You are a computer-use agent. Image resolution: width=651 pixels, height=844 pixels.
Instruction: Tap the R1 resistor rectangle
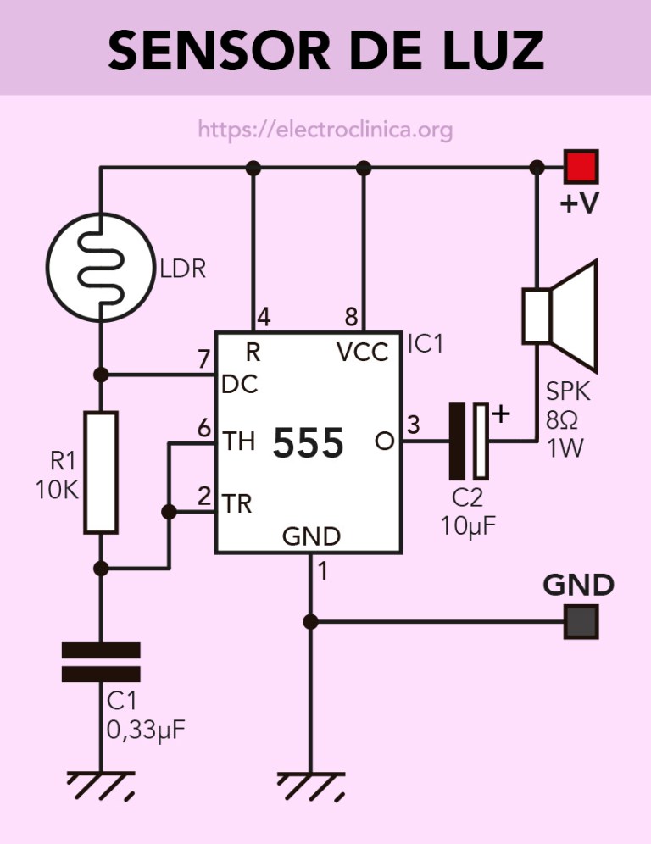point(100,472)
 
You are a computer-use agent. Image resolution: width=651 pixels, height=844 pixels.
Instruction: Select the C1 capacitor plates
point(100,662)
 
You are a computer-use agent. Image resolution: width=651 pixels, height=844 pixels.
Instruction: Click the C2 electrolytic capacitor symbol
point(470,441)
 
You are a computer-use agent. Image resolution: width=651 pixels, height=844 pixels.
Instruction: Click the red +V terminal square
point(582,166)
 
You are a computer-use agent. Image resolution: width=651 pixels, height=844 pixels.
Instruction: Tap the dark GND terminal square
point(582,622)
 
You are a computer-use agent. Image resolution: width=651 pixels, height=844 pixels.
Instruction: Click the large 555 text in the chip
point(309,443)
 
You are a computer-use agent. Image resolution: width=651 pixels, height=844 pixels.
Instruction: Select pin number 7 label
point(203,359)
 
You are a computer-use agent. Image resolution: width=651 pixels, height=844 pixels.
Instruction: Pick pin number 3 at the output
point(413,425)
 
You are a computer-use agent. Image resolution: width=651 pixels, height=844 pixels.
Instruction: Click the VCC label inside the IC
point(363,352)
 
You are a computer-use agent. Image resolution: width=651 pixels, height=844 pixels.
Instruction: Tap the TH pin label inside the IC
point(238,441)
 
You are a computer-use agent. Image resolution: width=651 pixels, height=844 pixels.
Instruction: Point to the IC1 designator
point(426,344)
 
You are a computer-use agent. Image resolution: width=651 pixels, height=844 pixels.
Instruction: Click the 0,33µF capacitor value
point(145,728)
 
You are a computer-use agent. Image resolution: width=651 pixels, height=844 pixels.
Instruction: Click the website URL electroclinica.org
point(325,130)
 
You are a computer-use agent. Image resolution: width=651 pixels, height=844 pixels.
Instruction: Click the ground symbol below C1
point(100,785)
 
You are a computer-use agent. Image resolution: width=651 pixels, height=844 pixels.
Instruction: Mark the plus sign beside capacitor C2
point(502,414)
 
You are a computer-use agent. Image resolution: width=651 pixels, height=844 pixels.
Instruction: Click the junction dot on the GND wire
point(310,622)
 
